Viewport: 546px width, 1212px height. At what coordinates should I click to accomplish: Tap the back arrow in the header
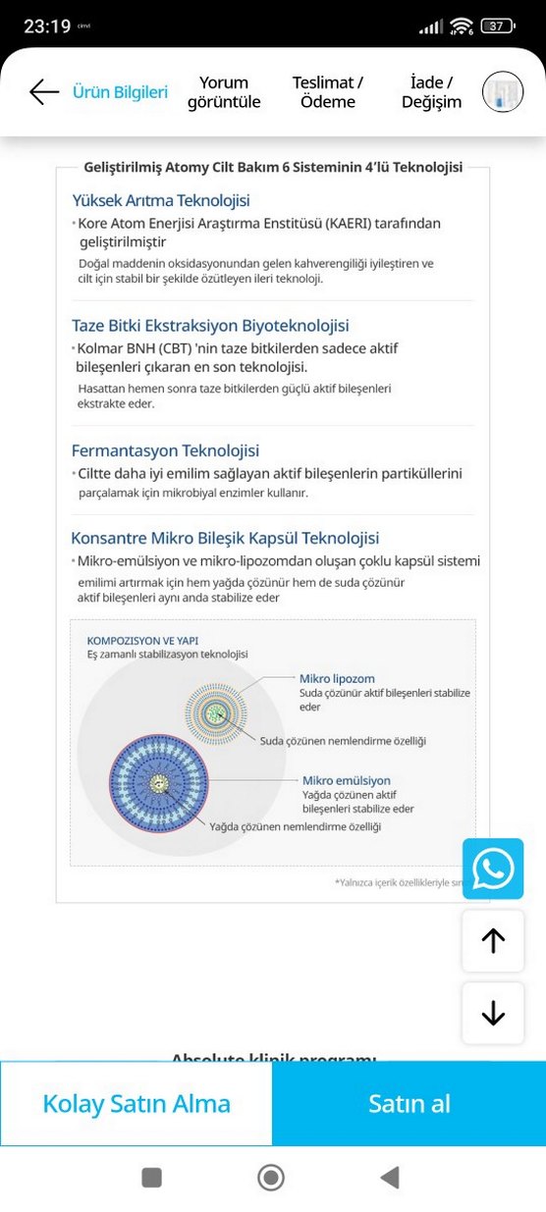click(x=44, y=92)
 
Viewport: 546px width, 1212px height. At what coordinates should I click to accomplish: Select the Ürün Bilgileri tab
click(x=120, y=92)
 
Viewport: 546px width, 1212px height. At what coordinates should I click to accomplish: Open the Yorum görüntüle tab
click(x=224, y=92)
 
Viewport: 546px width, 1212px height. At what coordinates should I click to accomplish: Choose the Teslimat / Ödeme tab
click(x=328, y=92)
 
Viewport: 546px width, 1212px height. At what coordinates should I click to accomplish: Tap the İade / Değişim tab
click(x=431, y=92)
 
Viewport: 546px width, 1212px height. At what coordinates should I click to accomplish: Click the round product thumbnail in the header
click(x=503, y=92)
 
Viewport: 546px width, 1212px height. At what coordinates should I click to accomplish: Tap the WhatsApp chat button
click(x=493, y=869)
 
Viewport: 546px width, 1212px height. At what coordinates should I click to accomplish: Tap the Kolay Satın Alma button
click(x=136, y=1103)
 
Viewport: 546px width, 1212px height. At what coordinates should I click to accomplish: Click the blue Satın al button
click(x=409, y=1103)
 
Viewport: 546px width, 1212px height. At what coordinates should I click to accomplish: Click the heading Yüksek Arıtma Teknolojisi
click(x=161, y=200)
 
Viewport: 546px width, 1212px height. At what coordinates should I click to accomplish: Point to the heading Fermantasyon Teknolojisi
click(x=165, y=450)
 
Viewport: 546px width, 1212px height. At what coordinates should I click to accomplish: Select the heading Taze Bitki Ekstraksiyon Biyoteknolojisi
click(x=210, y=326)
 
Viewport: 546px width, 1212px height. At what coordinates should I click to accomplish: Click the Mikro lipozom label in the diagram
click(x=337, y=678)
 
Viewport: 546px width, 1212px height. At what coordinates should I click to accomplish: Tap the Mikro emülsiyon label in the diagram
click(x=347, y=780)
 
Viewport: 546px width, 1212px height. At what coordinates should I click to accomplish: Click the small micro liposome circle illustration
click(x=216, y=711)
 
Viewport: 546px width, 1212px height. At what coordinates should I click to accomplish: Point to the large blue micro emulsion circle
click(x=160, y=783)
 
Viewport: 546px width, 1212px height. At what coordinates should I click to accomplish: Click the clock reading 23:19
click(x=47, y=26)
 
